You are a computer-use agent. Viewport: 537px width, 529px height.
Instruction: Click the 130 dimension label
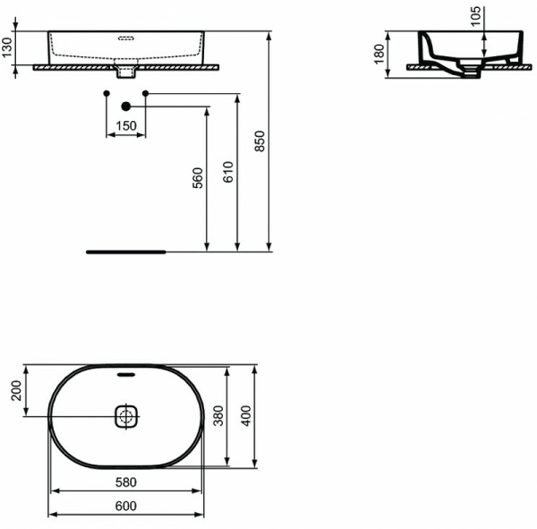[8, 47]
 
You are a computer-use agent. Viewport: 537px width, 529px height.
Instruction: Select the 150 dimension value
[126, 126]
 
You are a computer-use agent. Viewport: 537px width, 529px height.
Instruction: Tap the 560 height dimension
[199, 178]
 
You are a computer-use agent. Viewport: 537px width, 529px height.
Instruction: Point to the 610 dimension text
[228, 172]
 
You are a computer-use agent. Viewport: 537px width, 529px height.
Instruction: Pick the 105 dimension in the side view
[475, 15]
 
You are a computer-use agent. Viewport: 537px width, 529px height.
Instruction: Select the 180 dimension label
[379, 55]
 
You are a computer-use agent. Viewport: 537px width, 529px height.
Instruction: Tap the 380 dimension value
[217, 416]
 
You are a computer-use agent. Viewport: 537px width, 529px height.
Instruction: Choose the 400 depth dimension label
[247, 416]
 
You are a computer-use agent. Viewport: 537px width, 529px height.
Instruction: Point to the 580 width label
[126, 482]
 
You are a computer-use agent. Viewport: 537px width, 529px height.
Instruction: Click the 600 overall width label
[126, 506]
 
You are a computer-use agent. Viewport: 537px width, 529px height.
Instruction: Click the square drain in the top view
[126, 416]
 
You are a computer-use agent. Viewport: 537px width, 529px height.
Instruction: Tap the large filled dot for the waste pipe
[125, 107]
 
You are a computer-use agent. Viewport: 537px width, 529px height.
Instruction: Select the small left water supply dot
[106, 93]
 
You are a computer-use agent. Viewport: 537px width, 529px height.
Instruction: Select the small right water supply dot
[145, 93]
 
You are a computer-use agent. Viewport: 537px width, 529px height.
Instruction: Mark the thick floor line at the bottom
[126, 252]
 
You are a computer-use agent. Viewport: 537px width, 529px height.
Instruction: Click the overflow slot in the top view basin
[126, 374]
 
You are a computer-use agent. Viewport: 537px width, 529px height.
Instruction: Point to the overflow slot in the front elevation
[126, 38]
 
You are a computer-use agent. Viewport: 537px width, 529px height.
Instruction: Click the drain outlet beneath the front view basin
[126, 69]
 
